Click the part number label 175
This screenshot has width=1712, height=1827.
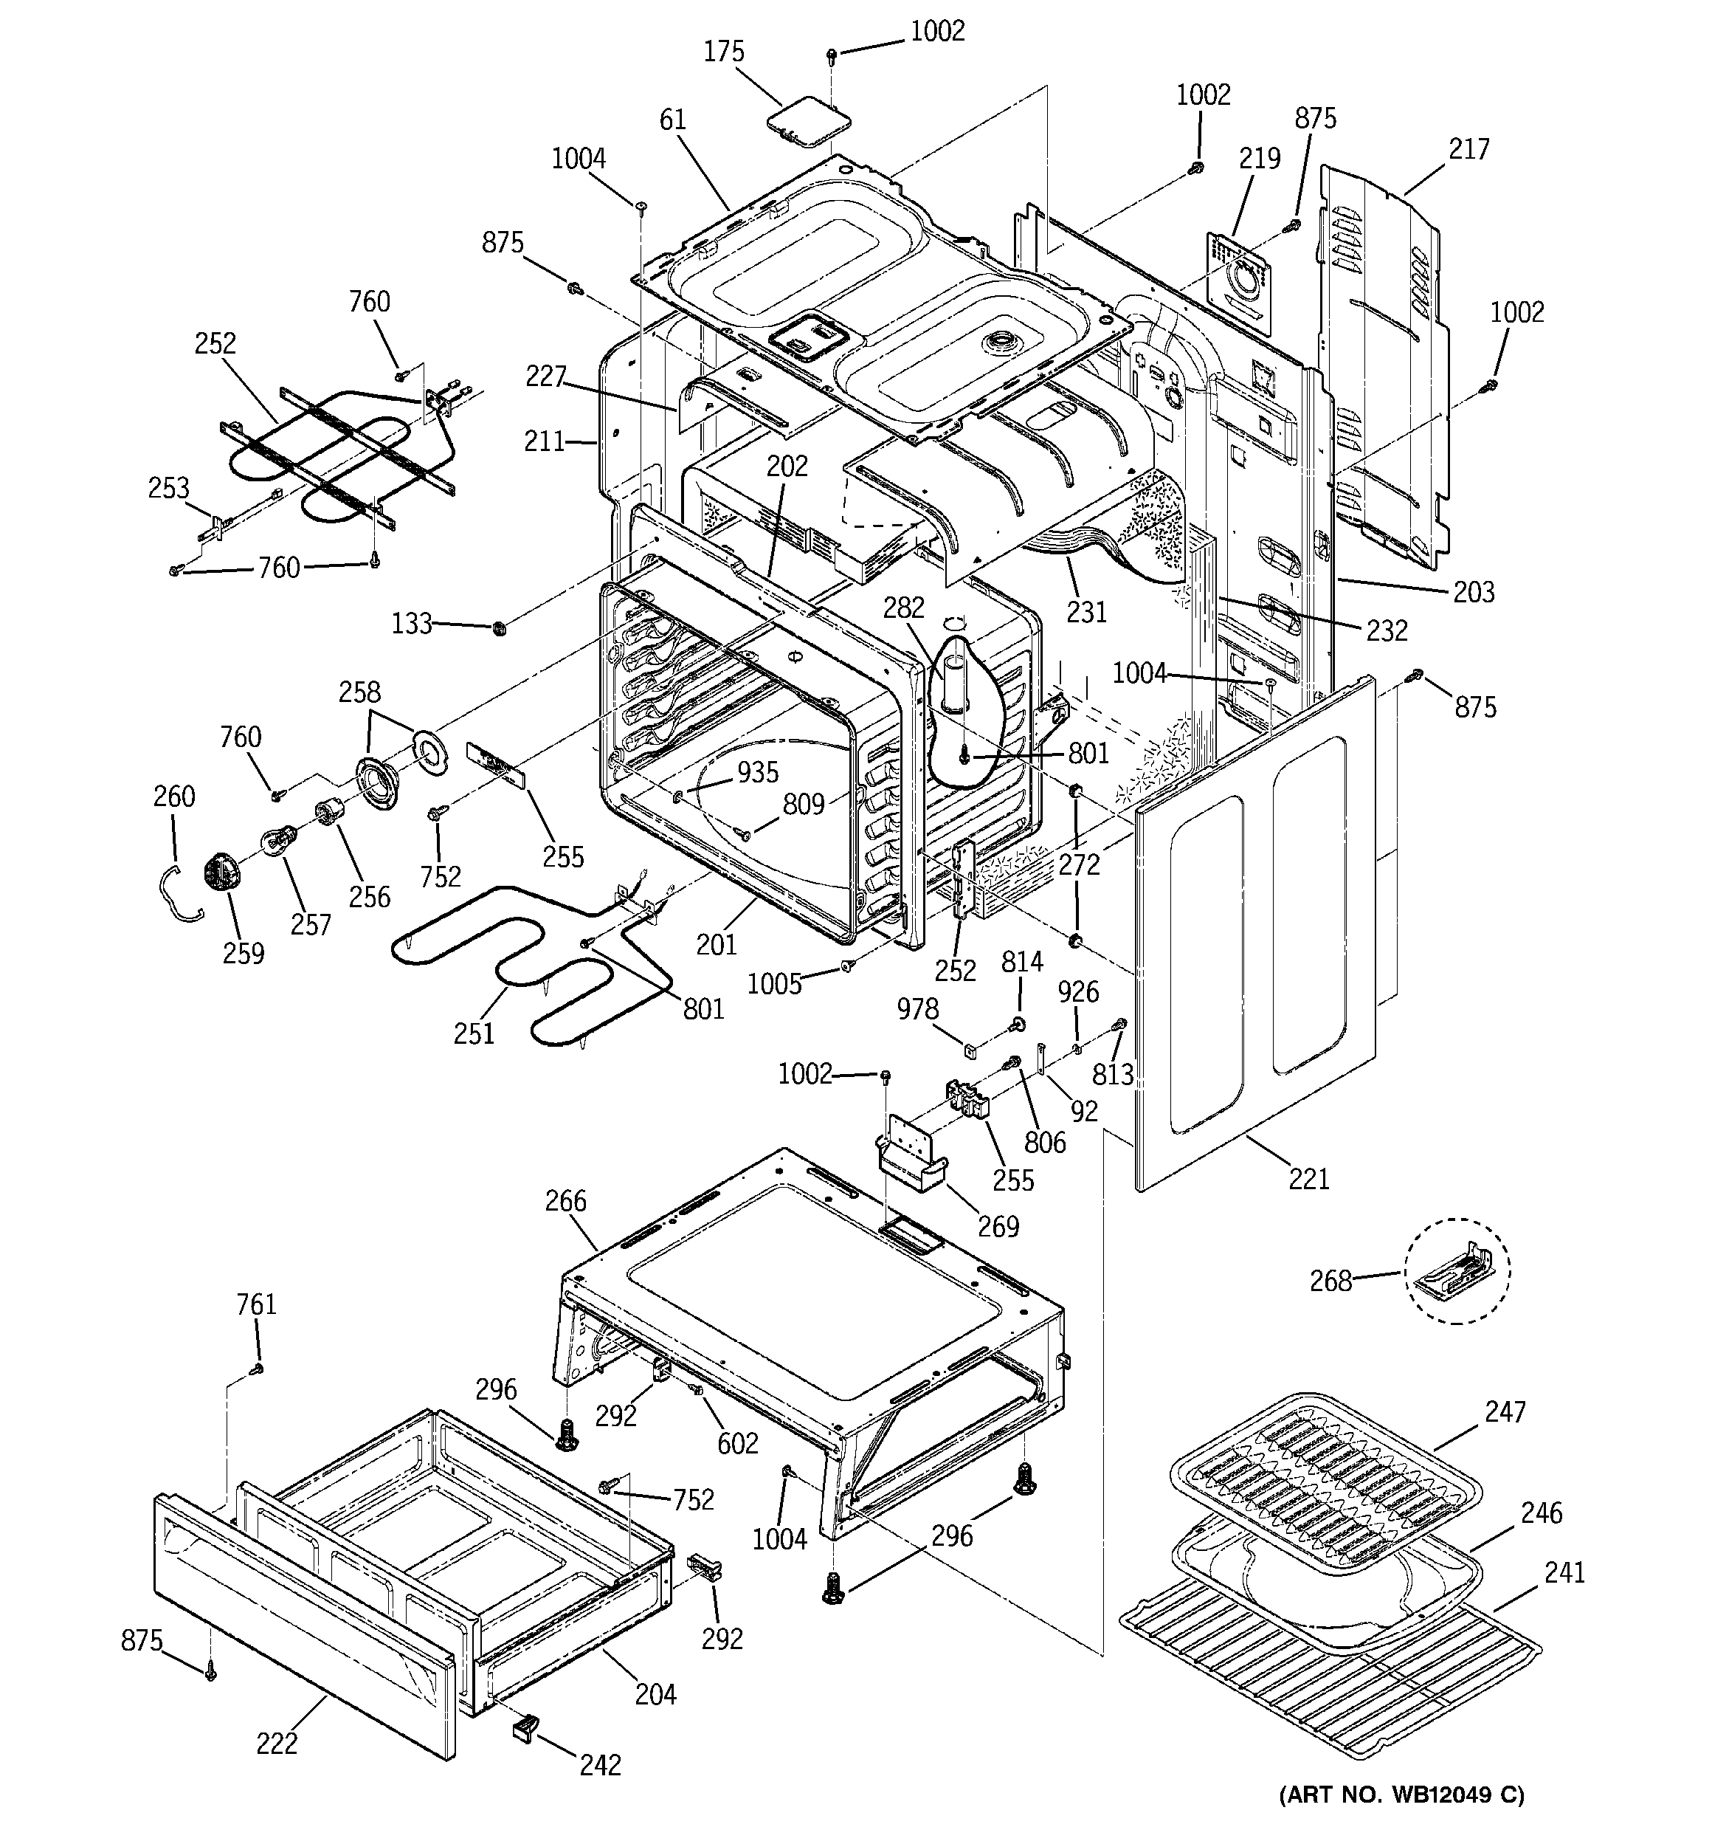723,52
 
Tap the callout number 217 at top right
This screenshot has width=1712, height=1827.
1468,149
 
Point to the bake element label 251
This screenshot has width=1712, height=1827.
474,1034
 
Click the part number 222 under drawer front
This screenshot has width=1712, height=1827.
277,1744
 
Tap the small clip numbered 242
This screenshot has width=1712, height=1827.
524,1730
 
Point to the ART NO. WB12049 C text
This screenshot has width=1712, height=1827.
1401,1795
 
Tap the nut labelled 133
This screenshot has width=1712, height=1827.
500,629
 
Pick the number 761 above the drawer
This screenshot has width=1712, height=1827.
255,1304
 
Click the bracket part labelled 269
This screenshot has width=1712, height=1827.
910,1162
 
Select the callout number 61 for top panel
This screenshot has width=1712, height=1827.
673,120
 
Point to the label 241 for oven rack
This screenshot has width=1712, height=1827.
1564,1572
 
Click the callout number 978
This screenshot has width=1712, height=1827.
917,1010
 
